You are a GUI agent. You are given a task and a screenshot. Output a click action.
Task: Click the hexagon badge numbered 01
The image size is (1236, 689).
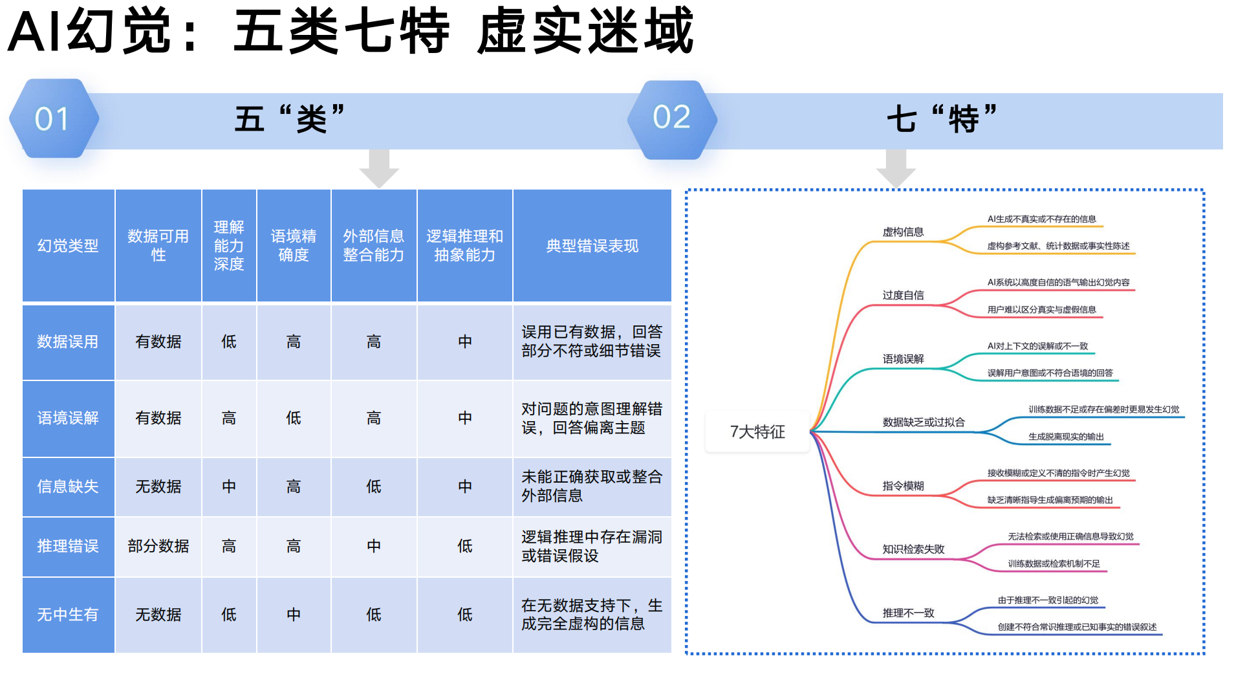pos(54,118)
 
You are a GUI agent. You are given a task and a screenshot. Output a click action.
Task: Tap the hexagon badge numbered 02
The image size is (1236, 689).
pos(672,119)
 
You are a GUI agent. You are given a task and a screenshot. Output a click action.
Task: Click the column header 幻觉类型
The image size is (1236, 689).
pos(68,246)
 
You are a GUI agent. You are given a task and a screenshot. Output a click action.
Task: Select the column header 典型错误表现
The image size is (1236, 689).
pos(592,246)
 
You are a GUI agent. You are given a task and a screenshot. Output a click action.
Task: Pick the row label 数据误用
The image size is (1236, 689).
pos(68,342)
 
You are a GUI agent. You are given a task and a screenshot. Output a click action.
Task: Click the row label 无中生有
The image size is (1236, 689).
pos(68,615)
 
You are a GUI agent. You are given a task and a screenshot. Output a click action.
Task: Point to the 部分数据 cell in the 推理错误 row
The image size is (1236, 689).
pos(158,546)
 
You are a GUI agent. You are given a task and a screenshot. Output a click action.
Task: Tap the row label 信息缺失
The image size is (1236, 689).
pos(68,487)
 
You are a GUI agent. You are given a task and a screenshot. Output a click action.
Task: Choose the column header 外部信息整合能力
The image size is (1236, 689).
pos(374,246)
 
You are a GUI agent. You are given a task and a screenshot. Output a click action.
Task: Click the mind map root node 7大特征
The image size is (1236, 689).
pos(757,432)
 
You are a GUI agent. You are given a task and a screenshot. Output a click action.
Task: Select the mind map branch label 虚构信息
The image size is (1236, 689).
pos(903,232)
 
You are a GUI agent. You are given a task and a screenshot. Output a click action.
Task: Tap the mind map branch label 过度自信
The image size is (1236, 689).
pos(903,295)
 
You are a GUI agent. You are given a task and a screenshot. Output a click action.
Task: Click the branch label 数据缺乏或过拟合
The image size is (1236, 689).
pos(924,422)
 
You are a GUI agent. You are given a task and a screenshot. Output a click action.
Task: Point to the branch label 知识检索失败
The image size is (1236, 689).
pos(913,549)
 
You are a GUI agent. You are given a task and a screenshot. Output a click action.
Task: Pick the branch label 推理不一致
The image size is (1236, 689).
pos(908,613)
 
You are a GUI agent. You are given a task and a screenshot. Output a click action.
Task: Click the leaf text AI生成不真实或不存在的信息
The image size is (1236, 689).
pos(1041,219)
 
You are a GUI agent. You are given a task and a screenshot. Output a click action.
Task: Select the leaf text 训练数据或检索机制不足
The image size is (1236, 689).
pos(1054,563)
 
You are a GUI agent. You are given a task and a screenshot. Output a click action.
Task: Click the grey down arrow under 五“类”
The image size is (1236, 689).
pos(379,169)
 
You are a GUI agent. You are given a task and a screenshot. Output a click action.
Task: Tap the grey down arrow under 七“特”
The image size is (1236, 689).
pos(896,169)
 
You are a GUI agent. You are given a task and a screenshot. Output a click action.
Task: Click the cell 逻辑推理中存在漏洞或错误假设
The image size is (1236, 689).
pos(592,546)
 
